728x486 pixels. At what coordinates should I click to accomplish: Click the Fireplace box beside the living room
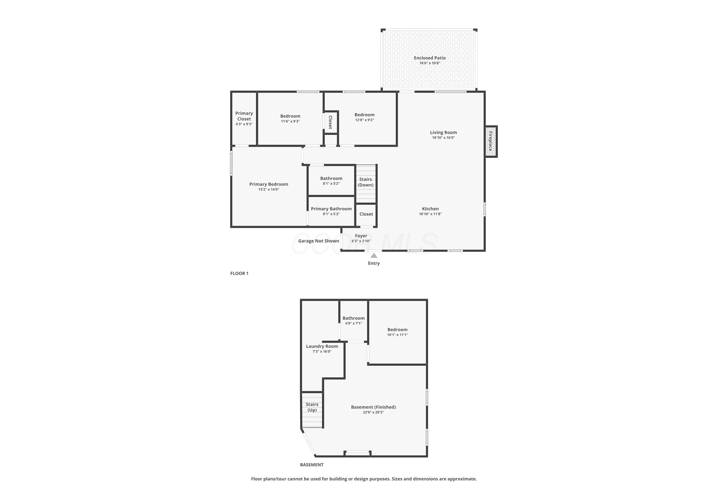click(x=491, y=141)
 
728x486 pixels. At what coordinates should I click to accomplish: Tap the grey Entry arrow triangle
click(x=374, y=255)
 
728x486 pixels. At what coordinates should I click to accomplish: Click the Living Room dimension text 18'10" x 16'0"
click(x=443, y=138)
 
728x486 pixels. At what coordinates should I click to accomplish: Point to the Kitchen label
click(x=430, y=208)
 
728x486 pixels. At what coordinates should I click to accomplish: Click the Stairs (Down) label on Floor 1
click(x=365, y=182)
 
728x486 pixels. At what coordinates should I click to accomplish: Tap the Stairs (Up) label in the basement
click(x=312, y=407)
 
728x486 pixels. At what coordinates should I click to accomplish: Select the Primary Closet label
click(x=244, y=116)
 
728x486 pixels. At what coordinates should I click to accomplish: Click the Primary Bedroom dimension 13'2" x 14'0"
click(x=269, y=189)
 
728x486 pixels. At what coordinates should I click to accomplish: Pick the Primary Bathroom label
click(x=331, y=208)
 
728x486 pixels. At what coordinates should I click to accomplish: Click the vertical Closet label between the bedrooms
click(x=331, y=122)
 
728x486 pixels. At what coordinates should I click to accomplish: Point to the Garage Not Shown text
click(x=318, y=241)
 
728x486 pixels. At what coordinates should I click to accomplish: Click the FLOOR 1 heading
click(x=239, y=273)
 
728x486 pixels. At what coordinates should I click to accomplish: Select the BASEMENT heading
click(x=312, y=465)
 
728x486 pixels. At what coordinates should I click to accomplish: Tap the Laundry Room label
click(x=322, y=346)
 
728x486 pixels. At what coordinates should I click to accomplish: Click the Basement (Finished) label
click(x=373, y=407)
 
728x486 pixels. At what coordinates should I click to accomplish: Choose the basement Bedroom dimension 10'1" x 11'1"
click(x=397, y=335)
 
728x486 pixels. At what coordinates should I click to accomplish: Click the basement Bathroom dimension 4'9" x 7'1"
click(x=354, y=323)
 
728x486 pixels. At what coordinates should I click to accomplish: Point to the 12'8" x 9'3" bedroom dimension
click(x=365, y=120)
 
